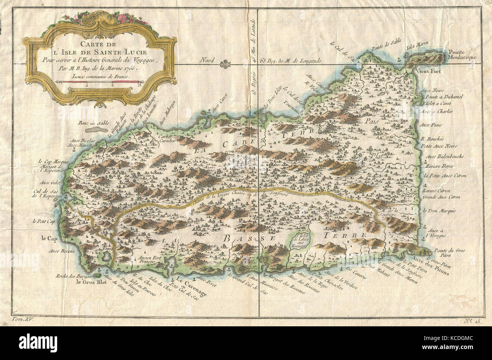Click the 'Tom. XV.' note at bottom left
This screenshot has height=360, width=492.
(23, 320)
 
